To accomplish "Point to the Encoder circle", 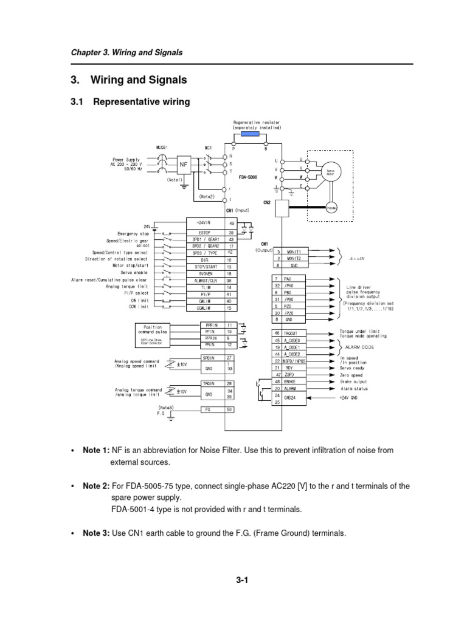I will (331, 207).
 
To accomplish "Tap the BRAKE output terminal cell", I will (297, 381).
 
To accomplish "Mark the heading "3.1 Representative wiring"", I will (131, 102).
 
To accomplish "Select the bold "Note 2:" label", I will (96, 486).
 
